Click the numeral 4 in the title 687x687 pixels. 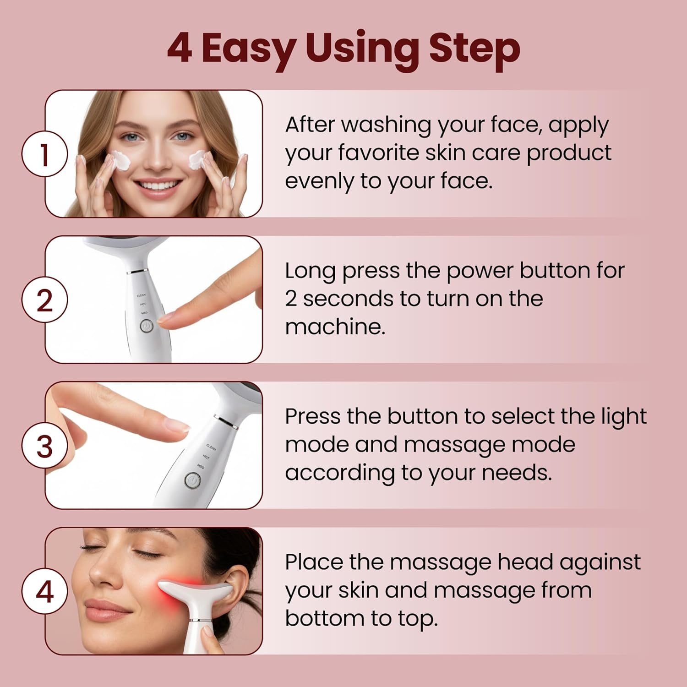point(180,49)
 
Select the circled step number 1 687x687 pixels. point(44,154)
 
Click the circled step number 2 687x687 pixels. point(44,300)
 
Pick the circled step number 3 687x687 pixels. point(44,446)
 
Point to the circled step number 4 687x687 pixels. point(44,591)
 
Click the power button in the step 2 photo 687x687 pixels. point(146,326)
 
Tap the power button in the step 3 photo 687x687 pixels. point(192,480)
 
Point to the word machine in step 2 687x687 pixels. point(335,327)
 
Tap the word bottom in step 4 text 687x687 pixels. point(324,618)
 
